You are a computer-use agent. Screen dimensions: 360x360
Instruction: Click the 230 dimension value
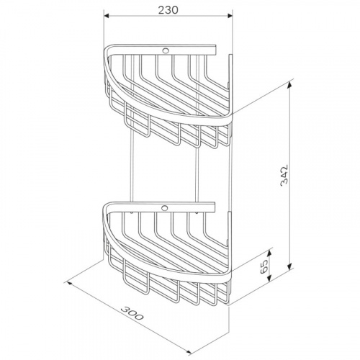point(168,10)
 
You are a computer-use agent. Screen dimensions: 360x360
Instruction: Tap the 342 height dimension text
point(284,174)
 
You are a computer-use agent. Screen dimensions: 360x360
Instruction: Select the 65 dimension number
point(264,266)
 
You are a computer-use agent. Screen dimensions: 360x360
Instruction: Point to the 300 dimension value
point(132,313)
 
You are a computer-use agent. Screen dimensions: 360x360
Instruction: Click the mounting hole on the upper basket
point(166,50)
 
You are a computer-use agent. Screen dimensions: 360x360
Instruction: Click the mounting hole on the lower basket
point(165,207)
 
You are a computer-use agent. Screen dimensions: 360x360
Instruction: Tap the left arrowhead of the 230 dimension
point(107,16)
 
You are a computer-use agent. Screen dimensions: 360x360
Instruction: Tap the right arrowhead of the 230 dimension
point(230,16)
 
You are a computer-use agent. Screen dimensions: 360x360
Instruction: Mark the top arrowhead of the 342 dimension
point(290,84)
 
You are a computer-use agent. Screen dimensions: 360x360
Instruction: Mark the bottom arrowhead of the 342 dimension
point(290,266)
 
